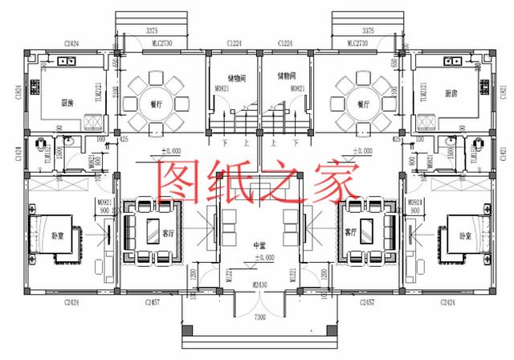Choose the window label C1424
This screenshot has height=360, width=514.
click(x=18, y=150)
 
